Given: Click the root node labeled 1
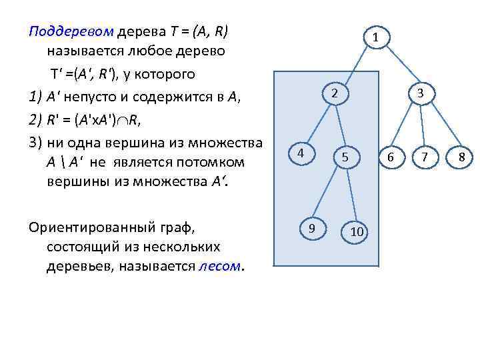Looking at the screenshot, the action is (376, 37).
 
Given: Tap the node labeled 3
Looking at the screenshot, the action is (421, 94).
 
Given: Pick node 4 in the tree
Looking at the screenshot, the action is (301, 153).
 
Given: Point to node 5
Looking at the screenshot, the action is (345, 157).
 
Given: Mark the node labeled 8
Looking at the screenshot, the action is (461, 157).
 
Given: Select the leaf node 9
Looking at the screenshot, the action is (312, 229).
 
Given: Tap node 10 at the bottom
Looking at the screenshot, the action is (357, 231).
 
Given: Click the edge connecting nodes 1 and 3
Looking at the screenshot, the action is (398, 65).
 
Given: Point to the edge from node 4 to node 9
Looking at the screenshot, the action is (307, 191).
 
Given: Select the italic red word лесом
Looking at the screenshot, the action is (221, 267).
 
